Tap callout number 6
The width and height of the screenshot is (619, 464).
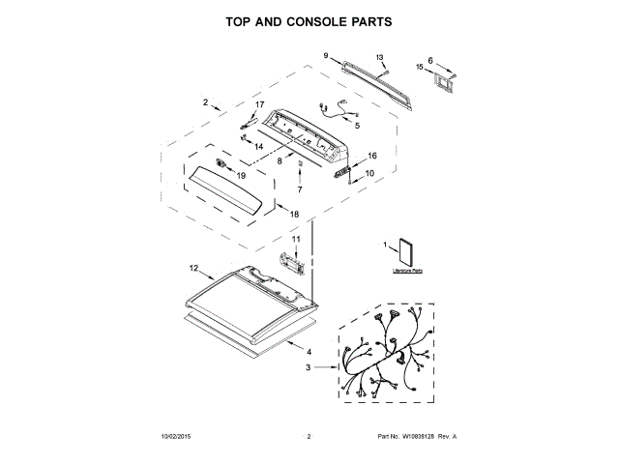click(431, 59)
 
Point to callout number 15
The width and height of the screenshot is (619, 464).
click(421, 67)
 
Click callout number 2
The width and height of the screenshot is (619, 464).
click(205, 101)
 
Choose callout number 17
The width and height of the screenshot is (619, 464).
click(259, 103)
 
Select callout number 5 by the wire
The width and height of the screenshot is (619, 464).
click(356, 127)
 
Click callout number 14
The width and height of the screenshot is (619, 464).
click(258, 146)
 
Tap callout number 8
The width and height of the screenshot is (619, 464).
click(280, 161)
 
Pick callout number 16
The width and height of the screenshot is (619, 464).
click(372, 155)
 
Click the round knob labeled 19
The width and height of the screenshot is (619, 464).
click(229, 170)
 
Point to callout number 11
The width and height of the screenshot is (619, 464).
click(297, 239)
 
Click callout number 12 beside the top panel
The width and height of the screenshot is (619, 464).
click(193, 268)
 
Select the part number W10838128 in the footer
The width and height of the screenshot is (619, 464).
click(417, 437)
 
